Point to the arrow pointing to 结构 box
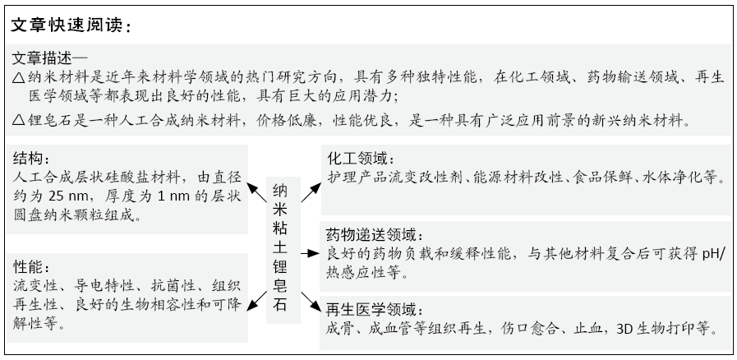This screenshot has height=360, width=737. (256, 192)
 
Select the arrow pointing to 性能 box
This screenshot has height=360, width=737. (256, 301)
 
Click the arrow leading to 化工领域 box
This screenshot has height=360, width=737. (311, 192)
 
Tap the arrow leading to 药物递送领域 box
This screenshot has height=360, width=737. (311, 254)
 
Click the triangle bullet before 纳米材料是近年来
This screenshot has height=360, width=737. (19, 77)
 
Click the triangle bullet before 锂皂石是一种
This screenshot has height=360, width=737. (19, 120)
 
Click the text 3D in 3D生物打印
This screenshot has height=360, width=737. (624, 329)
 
